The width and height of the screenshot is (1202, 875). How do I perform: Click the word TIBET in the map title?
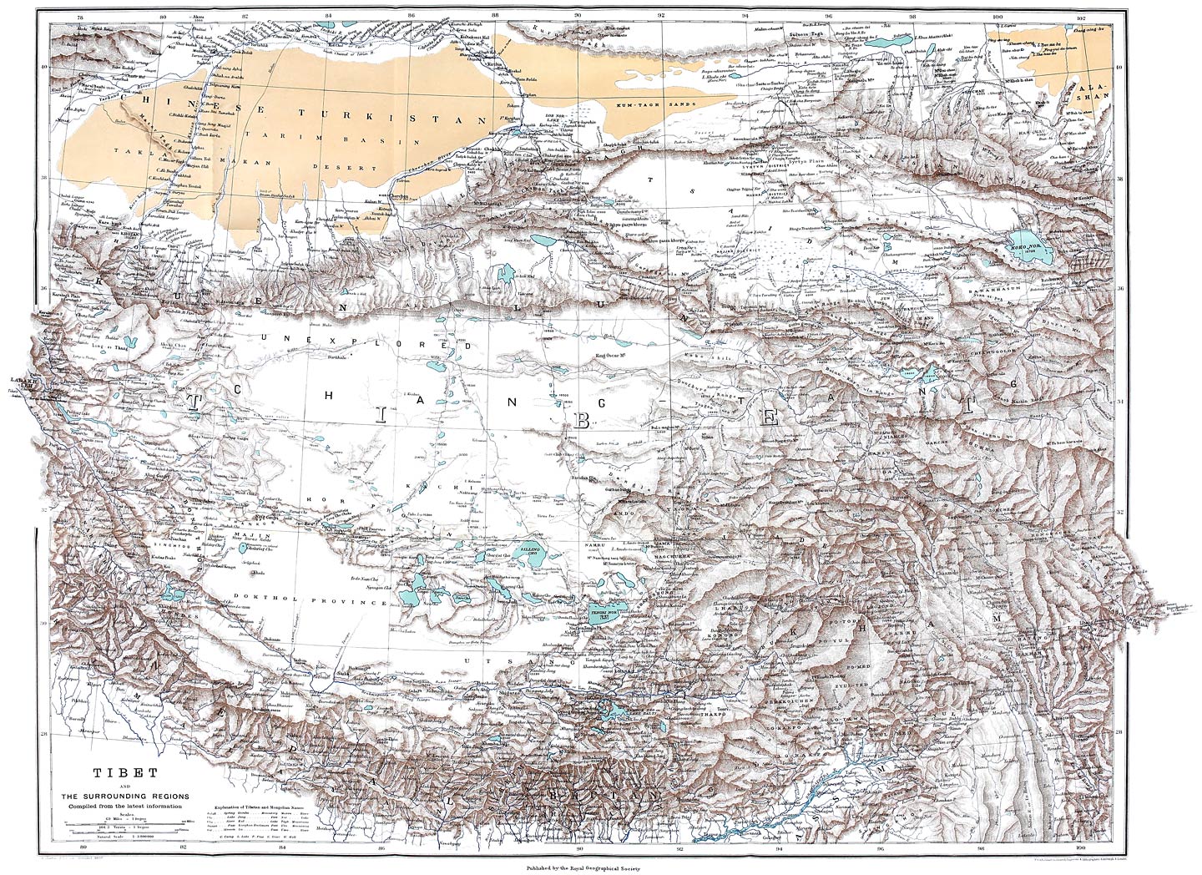coord(124,771)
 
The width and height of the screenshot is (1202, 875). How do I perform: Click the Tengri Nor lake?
coord(609,614)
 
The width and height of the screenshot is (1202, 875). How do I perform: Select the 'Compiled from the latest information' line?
coord(124,803)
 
